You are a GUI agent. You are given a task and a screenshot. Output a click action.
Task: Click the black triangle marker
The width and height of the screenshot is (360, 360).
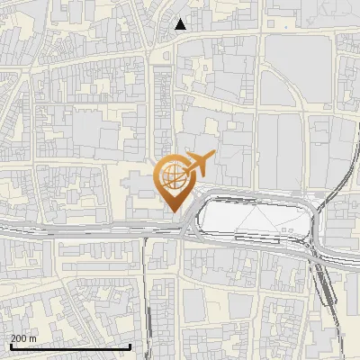(181, 24)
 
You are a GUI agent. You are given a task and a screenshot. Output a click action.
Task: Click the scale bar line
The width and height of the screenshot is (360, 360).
(70, 346)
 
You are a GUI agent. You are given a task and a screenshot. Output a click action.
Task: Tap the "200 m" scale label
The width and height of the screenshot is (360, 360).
(23, 337)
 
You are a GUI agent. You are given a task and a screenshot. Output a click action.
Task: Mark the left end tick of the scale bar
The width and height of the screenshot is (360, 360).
(11, 346)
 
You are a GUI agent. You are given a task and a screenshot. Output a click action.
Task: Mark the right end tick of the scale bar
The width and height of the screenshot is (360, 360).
(130, 346)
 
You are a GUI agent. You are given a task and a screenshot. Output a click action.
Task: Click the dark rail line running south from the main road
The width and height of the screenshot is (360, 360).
(146, 297)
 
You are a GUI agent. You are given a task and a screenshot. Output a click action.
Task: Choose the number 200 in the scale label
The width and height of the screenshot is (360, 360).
(20, 337)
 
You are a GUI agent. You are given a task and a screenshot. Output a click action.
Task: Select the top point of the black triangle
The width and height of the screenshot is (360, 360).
(181, 19)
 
